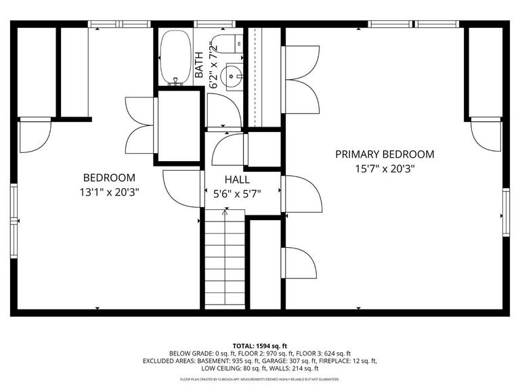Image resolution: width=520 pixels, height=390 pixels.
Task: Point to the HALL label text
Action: [237, 180]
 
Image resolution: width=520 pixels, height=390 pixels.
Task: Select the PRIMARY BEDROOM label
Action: [385, 154]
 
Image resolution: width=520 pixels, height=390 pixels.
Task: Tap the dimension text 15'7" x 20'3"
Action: [385, 169]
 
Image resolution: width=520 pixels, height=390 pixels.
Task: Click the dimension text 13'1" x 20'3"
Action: [110, 192]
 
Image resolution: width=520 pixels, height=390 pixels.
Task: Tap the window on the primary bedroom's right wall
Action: [505, 213]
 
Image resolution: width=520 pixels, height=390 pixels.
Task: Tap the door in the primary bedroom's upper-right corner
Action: [485, 135]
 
